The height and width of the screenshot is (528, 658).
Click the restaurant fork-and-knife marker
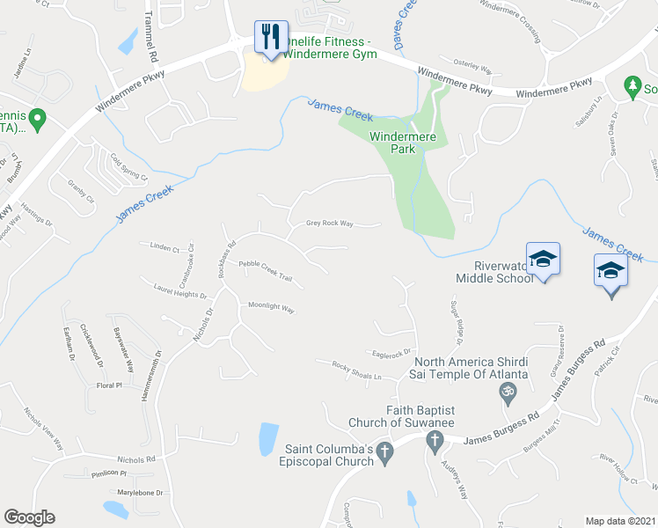[270, 37]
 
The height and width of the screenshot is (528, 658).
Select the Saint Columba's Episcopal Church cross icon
[384, 453]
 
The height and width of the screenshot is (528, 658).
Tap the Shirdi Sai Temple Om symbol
[507, 394]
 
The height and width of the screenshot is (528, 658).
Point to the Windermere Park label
[404, 143]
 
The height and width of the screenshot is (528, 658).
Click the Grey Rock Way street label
[329, 224]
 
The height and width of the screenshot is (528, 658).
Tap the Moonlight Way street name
[271, 308]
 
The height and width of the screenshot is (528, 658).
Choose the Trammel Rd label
[151, 42]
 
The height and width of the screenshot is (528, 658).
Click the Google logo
[29, 517]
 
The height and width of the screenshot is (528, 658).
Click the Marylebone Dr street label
[141, 493]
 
